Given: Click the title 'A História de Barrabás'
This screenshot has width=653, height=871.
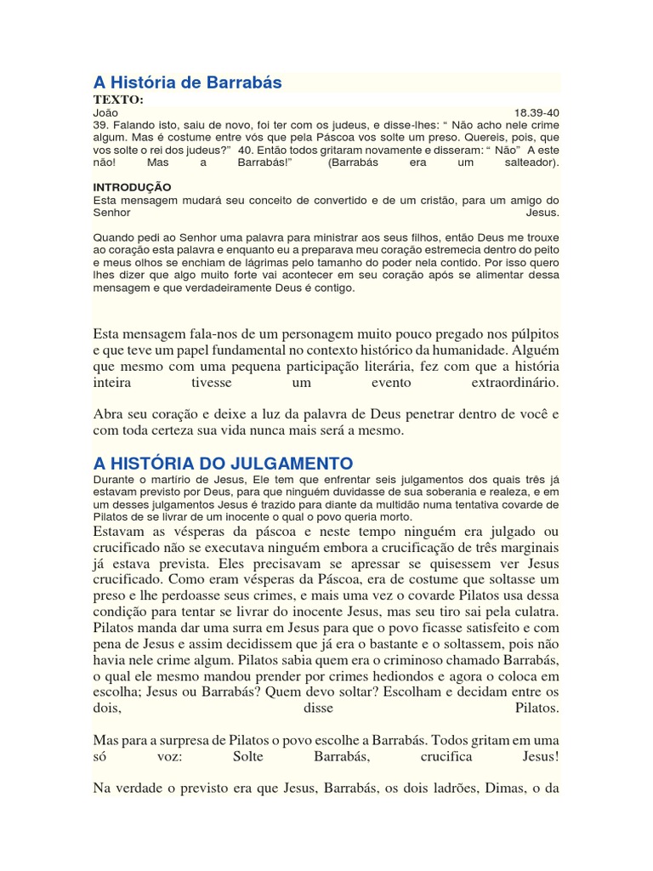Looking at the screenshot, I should pos(187,83).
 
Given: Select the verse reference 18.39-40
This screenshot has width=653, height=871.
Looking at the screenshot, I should pos(537,112).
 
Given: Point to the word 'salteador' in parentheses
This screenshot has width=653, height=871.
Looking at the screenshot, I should pos(529,161).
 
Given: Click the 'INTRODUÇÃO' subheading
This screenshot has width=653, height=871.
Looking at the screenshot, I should pos(132,186).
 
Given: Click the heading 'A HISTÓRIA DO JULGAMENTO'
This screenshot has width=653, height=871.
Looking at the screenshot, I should pos(222,463).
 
